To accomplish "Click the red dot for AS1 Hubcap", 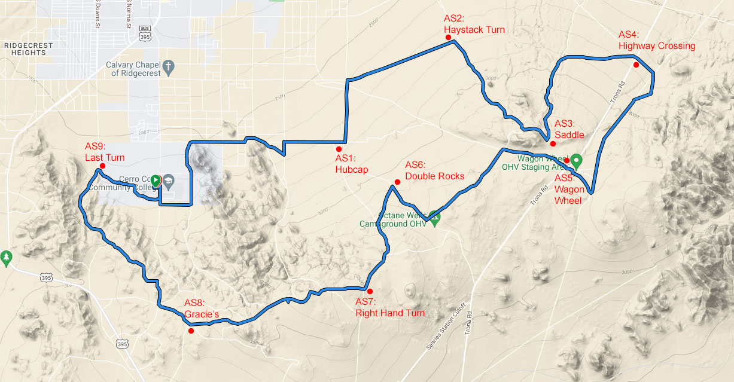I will (339, 149).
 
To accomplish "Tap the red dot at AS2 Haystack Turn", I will (448, 37).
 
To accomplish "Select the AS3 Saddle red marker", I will (553, 143).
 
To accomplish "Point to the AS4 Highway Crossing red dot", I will (636, 65).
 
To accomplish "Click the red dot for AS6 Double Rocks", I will (397, 182).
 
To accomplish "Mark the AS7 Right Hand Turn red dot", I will (370, 291).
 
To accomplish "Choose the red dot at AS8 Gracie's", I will (191, 331).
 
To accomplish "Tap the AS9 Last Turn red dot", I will (102, 166).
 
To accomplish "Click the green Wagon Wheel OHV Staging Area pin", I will (577, 160).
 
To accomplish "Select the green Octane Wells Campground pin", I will (435, 219).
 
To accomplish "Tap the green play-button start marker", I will (155, 179).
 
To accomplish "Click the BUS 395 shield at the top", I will (144, 33).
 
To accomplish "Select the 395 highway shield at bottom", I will (122, 344).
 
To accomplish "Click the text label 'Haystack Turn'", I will (474, 30).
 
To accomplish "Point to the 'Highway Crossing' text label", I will (657, 46).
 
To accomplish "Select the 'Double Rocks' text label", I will (434, 176).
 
